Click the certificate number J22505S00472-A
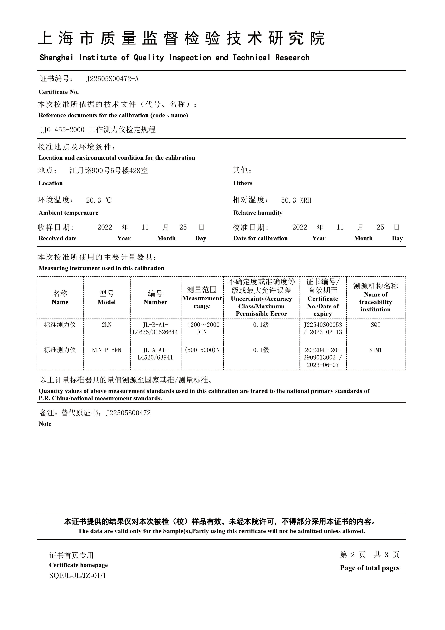[x=112, y=79]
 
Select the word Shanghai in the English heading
[x=57, y=58]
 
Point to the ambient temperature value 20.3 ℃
[x=99, y=200]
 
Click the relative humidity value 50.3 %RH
[x=296, y=200]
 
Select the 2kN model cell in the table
[x=106, y=325]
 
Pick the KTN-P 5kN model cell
[x=106, y=350]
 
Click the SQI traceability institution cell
[x=375, y=325]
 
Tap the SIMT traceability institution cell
[x=375, y=350]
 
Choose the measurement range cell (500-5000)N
[x=202, y=350]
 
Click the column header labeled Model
[x=106, y=302]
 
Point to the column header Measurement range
[x=202, y=302]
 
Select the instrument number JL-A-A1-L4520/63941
[x=155, y=354]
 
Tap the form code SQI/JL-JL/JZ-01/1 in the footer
[x=77, y=575]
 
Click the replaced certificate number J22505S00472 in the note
[x=128, y=413]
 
